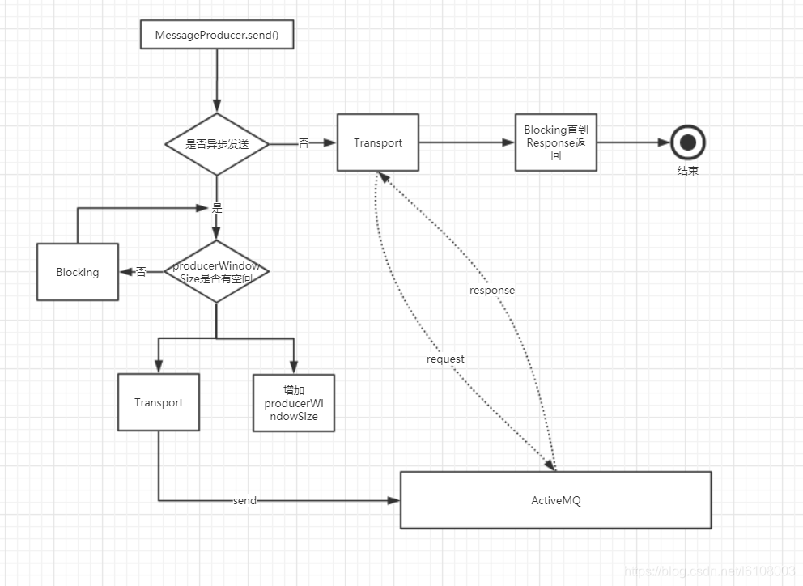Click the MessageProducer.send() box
point(217,35)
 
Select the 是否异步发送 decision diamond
point(217,144)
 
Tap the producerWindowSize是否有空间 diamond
point(217,271)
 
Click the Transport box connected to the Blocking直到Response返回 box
point(378,142)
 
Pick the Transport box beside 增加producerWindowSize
point(159,402)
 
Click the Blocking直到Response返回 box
point(556,142)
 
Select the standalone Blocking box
point(78,272)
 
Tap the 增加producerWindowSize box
point(294,403)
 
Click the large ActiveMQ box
point(556,500)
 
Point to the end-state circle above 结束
point(688,142)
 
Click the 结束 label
point(688,171)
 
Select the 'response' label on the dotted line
point(492,291)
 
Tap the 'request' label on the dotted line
point(445,359)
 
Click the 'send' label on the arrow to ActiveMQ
point(244,500)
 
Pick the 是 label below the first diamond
point(217,208)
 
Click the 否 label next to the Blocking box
point(142,272)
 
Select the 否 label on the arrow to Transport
point(304,143)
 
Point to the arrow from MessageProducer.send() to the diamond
point(217,81)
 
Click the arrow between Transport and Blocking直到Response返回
point(467,142)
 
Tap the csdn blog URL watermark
point(709,571)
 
